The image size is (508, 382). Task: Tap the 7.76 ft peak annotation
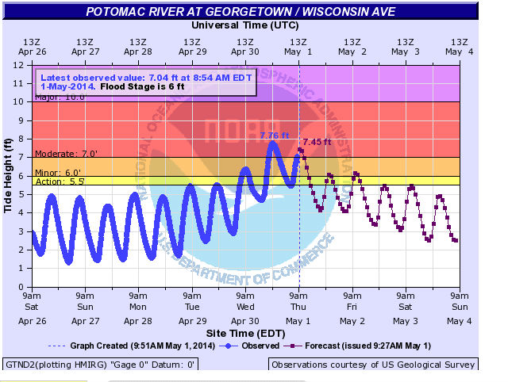pos(275,136)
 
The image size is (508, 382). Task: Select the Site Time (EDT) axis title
pos(245,333)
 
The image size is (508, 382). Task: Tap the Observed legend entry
pos(252,346)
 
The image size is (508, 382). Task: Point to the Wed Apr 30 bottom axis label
pos(245,311)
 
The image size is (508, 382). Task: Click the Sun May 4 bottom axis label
pos(460,311)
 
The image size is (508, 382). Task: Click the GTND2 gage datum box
pos(99,365)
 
